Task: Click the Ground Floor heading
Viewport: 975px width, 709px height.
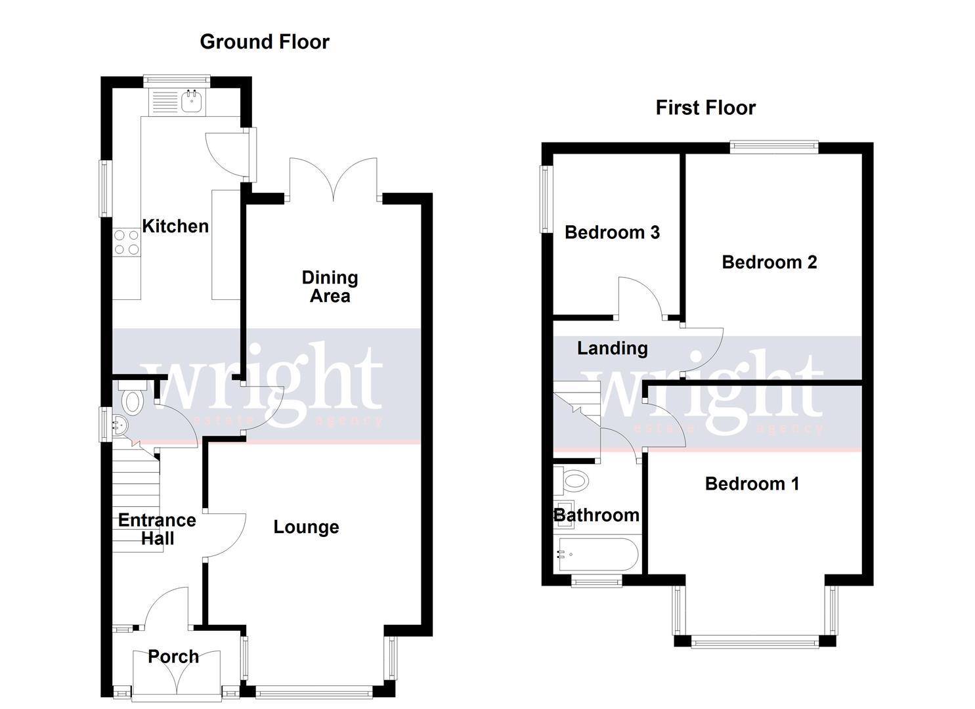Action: click(x=264, y=42)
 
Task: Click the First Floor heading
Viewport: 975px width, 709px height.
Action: click(x=705, y=108)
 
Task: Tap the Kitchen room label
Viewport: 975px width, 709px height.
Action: click(x=175, y=226)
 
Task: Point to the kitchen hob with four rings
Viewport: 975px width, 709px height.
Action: click(x=126, y=242)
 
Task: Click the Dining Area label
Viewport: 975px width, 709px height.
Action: click(x=330, y=287)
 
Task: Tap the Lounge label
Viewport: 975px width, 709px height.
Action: click(x=306, y=527)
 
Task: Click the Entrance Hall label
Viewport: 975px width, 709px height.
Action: click(x=157, y=530)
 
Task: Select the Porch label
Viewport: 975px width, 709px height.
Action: click(x=173, y=656)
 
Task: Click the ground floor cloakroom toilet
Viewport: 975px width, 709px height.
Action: click(x=132, y=400)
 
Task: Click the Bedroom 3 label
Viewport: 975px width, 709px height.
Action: click(x=612, y=232)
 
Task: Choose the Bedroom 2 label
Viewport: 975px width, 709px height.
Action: click(x=769, y=263)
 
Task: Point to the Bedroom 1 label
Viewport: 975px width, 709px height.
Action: click(x=752, y=484)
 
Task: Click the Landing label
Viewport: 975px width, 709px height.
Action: click(x=612, y=349)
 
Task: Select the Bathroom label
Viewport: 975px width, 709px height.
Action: click(x=596, y=515)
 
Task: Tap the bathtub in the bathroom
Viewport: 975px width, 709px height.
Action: click(x=596, y=555)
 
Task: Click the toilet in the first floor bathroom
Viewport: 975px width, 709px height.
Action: click(x=573, y=481)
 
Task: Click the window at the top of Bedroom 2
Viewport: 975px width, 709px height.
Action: click(x=774, y=148)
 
